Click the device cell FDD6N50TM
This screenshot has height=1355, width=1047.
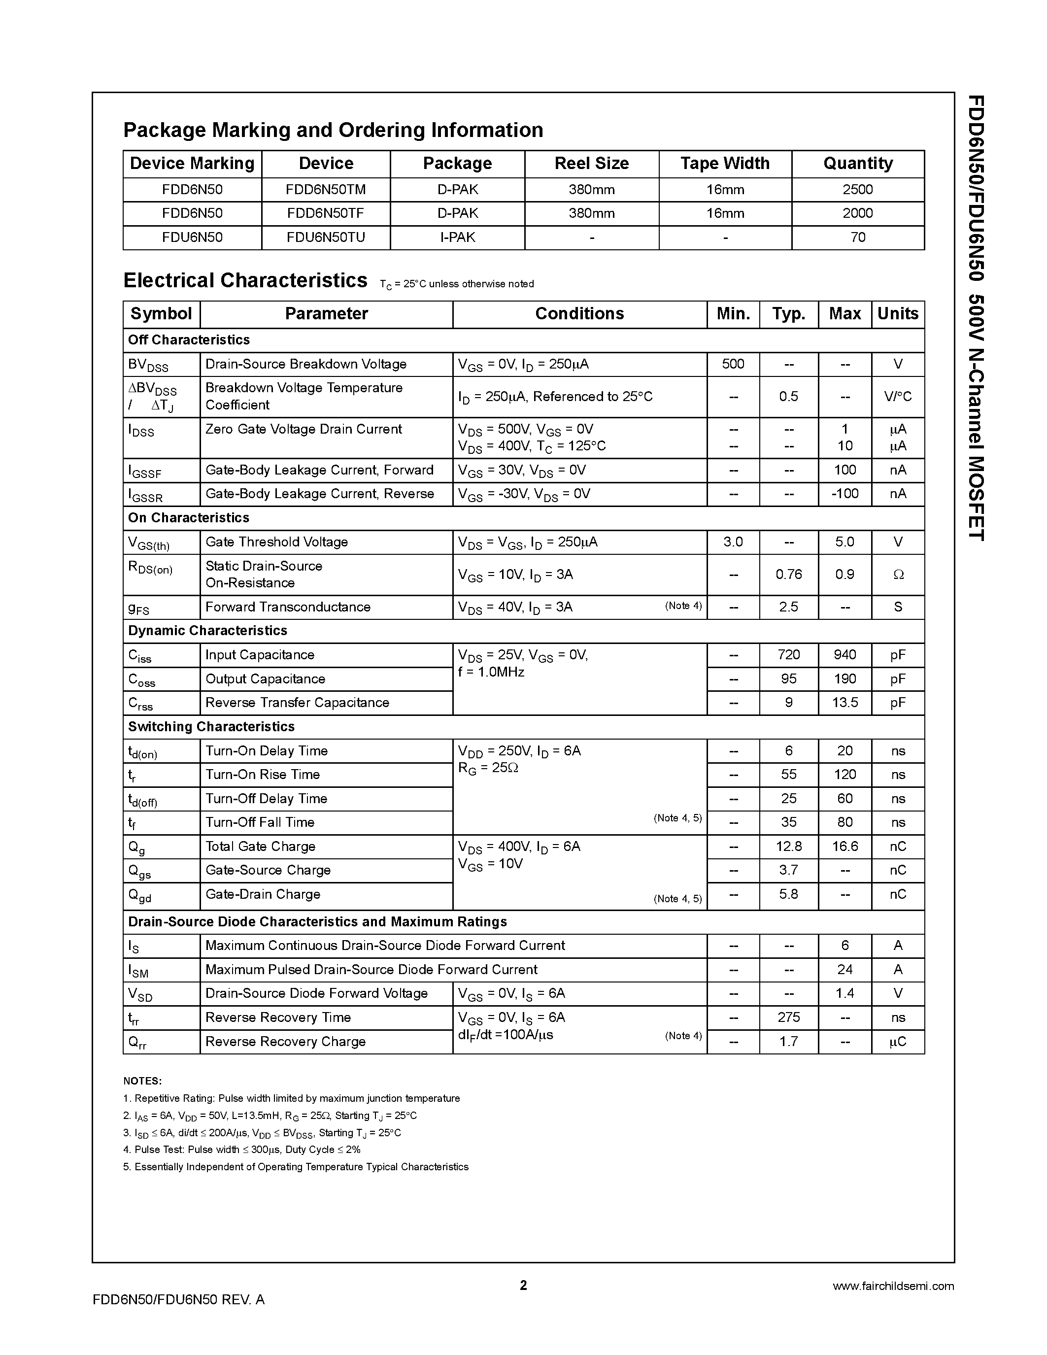[x=326, y=190]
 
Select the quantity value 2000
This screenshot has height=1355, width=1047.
[x=857, y=213]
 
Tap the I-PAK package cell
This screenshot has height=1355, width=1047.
[x=457, y=237]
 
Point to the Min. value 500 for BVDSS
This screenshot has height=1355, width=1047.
[x=733, y=364]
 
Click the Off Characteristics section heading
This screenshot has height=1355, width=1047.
[x=189, y=340]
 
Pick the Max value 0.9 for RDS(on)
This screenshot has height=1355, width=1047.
[x=844, y=575]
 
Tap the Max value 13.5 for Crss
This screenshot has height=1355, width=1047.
[x=844, y=703]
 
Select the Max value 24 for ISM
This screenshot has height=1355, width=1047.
[x=844, y=970]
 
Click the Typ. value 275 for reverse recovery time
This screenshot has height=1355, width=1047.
[x=788, y=1017]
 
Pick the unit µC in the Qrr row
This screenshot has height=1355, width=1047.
[x=898, y=1042]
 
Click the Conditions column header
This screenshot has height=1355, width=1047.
[x=579, y=314]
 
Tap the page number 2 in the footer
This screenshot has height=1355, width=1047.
[x=523, y=1285]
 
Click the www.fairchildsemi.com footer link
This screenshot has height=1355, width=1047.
[x=893, y=1286]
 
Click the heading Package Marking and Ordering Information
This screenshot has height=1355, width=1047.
[x=333, y=130]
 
